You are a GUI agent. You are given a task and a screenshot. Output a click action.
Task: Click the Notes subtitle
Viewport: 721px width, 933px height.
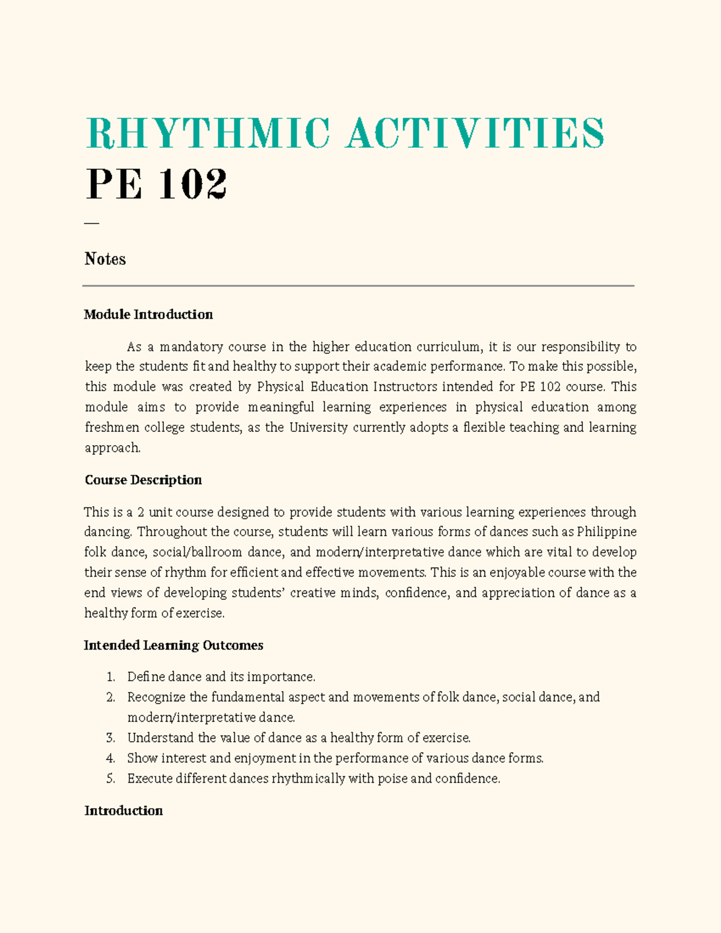[105, 259]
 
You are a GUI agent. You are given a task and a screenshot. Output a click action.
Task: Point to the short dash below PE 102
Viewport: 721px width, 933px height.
[91, 223]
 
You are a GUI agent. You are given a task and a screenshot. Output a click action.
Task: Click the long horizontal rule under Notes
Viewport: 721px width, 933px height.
[358, 286]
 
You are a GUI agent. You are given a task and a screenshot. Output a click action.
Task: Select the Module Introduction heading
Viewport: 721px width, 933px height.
[148, 314]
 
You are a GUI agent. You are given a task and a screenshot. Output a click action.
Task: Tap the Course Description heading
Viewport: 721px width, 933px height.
[143, 480]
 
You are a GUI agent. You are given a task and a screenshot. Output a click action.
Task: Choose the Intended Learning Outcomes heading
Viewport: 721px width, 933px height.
[174, 645]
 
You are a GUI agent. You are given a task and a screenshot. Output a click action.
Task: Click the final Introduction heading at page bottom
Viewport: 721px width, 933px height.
[123, 810]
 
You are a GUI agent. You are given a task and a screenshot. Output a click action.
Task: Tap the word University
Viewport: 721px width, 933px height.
[318, 427]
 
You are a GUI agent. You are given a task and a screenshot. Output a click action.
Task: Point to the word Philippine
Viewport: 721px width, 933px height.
[606, 532]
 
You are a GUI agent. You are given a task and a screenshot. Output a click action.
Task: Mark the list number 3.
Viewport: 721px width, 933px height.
[111, 738]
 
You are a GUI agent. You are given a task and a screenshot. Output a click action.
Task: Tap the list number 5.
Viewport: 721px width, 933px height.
[111, 779]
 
